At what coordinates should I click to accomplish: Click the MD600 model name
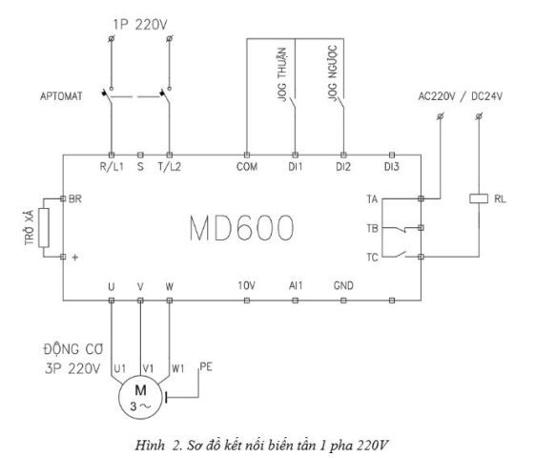241,228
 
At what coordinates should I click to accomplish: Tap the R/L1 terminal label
112,167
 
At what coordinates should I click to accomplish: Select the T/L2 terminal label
169,167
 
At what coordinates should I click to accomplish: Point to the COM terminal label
247,167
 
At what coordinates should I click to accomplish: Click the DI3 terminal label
392,167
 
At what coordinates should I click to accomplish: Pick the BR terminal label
75,198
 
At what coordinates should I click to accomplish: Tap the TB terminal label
373,228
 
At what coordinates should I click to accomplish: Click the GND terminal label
343,285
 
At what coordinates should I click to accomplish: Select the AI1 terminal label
296,285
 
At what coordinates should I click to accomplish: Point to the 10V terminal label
246,285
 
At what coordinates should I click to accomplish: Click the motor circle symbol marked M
140,397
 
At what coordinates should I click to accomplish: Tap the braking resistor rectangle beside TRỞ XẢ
44,228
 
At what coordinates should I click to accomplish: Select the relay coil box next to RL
479,198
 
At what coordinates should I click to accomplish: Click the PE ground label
206,367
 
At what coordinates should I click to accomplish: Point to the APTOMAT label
61,96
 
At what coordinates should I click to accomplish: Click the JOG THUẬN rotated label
282,74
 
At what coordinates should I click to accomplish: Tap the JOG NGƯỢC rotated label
333,73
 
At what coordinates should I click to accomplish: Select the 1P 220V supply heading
140,25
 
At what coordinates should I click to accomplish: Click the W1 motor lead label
177,368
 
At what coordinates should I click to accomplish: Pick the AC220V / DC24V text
461,96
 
